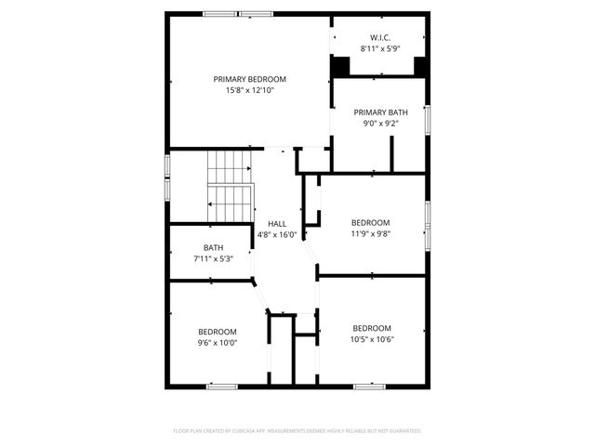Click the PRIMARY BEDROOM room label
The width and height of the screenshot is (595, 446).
coord(249,79)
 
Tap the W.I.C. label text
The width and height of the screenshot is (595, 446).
coord(380,37)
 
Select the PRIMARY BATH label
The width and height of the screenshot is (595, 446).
coord(380,111)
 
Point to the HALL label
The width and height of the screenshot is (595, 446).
coord(277,223)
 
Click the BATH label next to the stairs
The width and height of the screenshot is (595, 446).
coord(214,247)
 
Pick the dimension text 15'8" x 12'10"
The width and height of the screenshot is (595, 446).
coord(249,91)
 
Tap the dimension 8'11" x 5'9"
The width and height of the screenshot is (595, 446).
coord(380,48)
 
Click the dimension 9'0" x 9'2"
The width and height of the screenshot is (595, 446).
coord(380,124)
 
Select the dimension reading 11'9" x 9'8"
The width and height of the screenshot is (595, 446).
coord(370,234)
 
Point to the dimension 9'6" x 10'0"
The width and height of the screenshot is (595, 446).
coord(218,343)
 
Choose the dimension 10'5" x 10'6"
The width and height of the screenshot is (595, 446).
coord(371,340)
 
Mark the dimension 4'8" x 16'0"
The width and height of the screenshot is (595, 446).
coord(277,235)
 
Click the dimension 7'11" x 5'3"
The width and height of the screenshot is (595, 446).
coord(212,258)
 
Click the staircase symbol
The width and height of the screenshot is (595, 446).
coord(229,186)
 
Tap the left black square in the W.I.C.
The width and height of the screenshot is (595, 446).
coord(340,67)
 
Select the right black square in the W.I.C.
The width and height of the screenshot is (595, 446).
coord(420,67)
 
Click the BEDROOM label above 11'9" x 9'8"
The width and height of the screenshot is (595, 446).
coord(370,222)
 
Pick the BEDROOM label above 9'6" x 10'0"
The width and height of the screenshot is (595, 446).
coord(218,331)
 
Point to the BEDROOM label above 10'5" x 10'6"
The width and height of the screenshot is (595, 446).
coord(371,328)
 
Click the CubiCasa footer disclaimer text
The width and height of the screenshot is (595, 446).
coord(297,431)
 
